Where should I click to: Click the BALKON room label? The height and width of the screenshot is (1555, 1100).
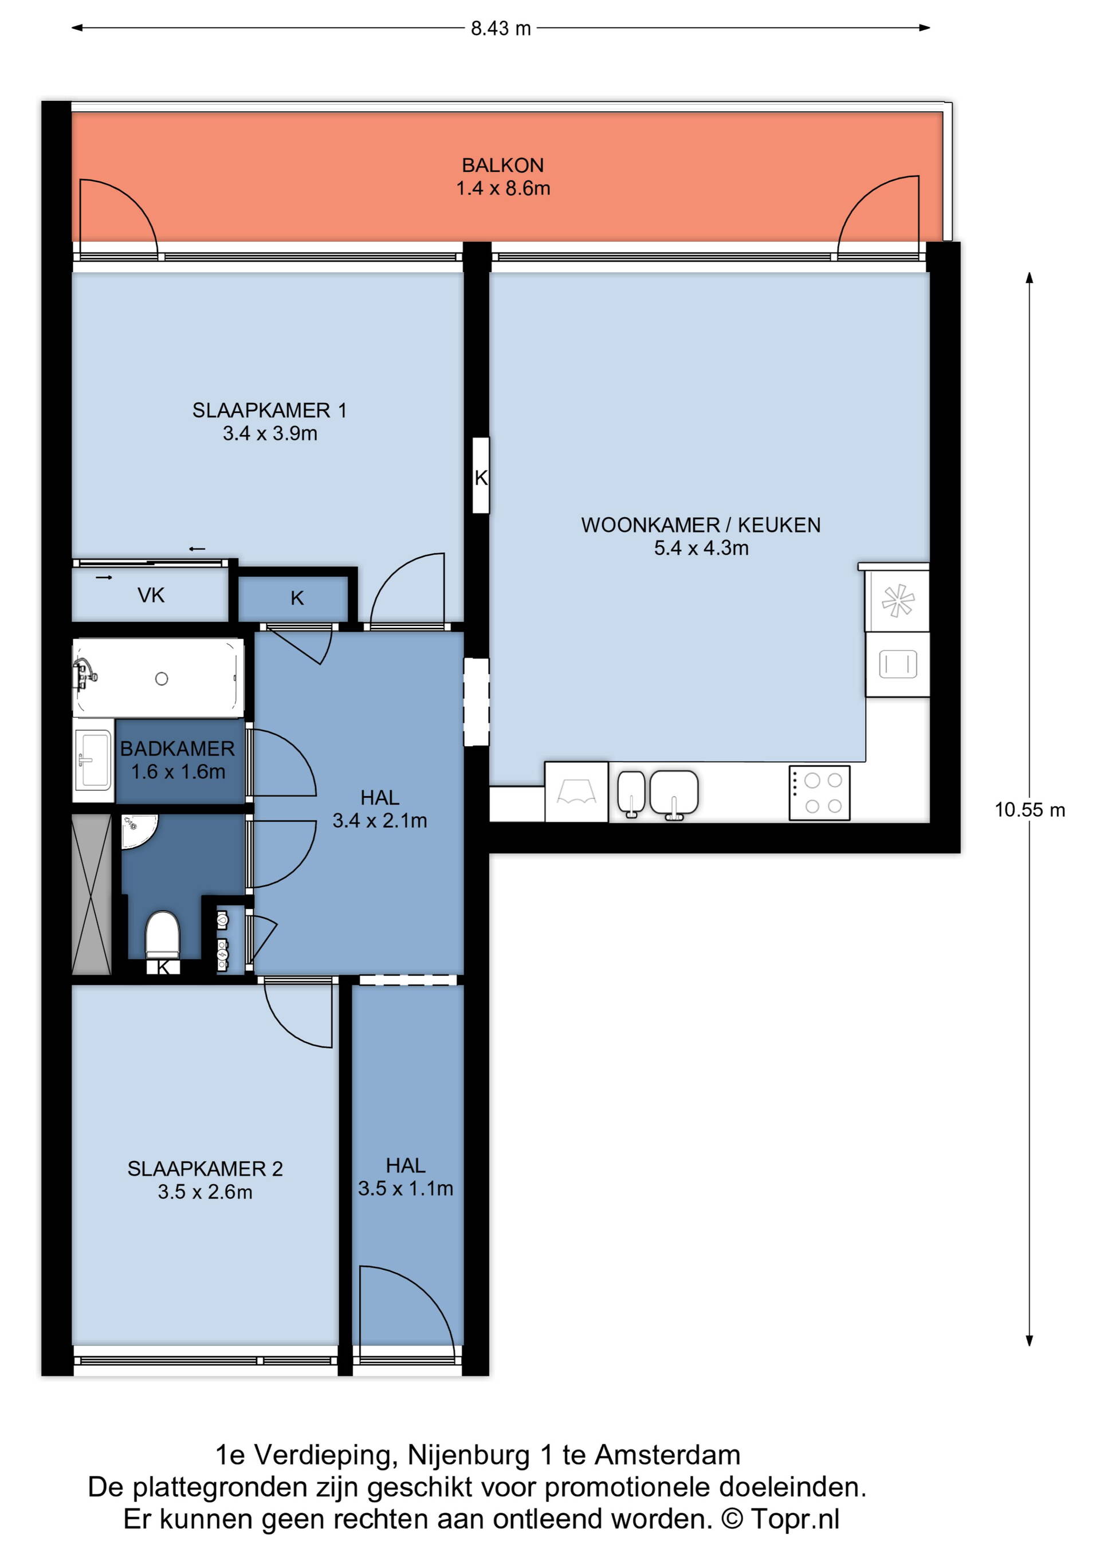click(x=502, y=166)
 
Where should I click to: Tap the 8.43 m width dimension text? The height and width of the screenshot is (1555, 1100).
click(x=501, y=29)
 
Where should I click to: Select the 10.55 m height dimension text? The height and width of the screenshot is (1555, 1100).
click(x=1030, y=810)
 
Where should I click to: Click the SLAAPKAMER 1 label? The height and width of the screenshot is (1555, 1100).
click(x=270, y=411)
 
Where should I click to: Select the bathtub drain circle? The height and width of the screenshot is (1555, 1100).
click(x=161, y=679)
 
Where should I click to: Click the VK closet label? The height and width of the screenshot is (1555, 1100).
click(x=151, y=595)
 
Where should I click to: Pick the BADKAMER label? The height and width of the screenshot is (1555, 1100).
click(x=178, y=749)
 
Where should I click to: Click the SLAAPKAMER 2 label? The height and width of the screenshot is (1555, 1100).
click(x=205, y=1168)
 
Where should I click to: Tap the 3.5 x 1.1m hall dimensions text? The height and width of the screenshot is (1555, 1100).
click(x=405, y=1188)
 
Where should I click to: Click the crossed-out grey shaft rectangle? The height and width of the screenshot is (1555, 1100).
click(x=92, y=895)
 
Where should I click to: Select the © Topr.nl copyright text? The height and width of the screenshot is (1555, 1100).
click(x=780, y=1518)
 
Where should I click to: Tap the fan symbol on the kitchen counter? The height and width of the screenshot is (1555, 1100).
click(x=898, y=600)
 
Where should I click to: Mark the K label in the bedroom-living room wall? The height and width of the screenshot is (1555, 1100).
click(x=481, y=478)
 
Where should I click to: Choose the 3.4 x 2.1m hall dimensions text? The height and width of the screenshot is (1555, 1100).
click(x=379, y=820)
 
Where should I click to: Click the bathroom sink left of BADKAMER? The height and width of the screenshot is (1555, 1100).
click(x=93, y=760)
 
